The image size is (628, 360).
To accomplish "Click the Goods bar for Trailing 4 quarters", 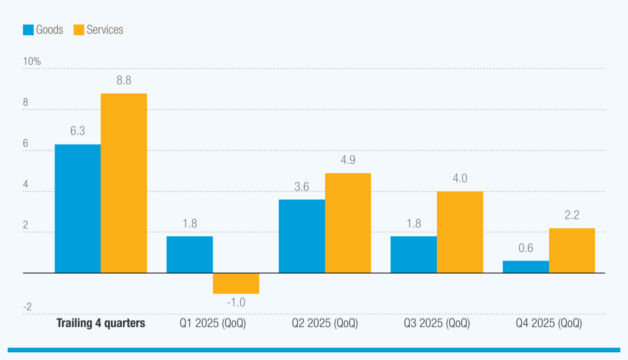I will click(77, 209).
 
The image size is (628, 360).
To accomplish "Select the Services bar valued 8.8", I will click(124, 183).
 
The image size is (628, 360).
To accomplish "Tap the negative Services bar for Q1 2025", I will click(236, 284).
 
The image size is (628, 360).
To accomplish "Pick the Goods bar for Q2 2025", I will click(301, 236).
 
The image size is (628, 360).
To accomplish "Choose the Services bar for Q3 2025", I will click(460, 232).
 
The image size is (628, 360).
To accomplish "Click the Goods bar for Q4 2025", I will click(526, 267).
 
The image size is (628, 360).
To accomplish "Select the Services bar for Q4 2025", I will click(572, 250).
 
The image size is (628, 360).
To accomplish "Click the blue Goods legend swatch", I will click(28, 30).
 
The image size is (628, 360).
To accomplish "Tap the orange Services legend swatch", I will click(79, 30).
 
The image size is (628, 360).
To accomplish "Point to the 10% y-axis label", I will click(31, 61).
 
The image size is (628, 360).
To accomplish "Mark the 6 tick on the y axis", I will click(25, 144).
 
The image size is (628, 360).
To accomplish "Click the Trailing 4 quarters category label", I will click(101, 323).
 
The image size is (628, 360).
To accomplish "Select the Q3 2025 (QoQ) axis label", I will click(437, 323).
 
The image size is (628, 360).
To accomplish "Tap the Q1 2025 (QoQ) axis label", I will click(213, 323).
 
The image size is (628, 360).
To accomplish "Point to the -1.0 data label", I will click(236, 302).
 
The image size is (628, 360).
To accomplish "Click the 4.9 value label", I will click(348, 160).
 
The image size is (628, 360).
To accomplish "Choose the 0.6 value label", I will click(526, 248).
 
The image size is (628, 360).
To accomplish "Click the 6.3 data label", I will click(77, 131).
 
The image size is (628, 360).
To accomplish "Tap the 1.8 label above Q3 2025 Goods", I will click(414, 223).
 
